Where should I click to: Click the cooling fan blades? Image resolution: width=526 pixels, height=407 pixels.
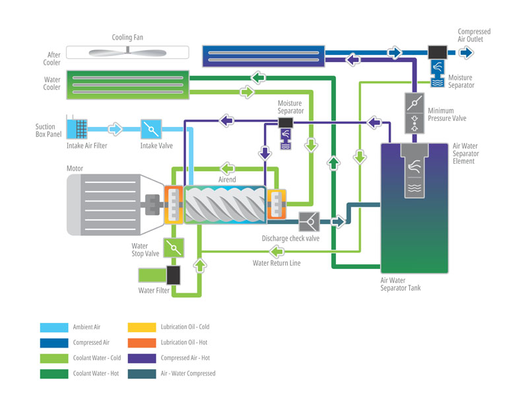point(129,52)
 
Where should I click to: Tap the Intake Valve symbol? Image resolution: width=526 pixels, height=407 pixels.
point(151,129)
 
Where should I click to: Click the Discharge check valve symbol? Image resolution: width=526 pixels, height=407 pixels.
point(310,221)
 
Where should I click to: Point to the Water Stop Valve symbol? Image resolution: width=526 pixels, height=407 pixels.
point(174,248)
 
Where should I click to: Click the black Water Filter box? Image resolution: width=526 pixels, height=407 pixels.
point(174,275)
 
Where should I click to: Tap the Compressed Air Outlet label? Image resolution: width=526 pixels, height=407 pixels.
point(474,35)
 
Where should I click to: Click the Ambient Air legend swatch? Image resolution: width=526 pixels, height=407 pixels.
point(53,327)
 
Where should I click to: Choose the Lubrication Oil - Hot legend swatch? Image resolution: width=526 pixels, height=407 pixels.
point(141,342)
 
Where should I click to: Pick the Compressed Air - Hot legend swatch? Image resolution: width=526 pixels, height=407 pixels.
point(141,358)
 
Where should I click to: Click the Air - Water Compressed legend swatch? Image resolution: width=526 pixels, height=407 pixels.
point(141,373)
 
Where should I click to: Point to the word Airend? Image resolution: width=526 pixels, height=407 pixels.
point(227,179)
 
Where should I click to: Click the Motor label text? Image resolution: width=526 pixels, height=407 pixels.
point(75,168)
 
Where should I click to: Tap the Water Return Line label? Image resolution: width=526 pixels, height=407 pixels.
point(277,263)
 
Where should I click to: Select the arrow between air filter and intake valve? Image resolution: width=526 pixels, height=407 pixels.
point(115,129)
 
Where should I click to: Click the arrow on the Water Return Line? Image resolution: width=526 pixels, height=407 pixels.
point(279,250)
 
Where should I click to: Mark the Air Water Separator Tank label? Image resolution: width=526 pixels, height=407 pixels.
point(401,283)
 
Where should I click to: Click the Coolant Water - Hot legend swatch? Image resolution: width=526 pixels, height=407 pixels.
point(53,373)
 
